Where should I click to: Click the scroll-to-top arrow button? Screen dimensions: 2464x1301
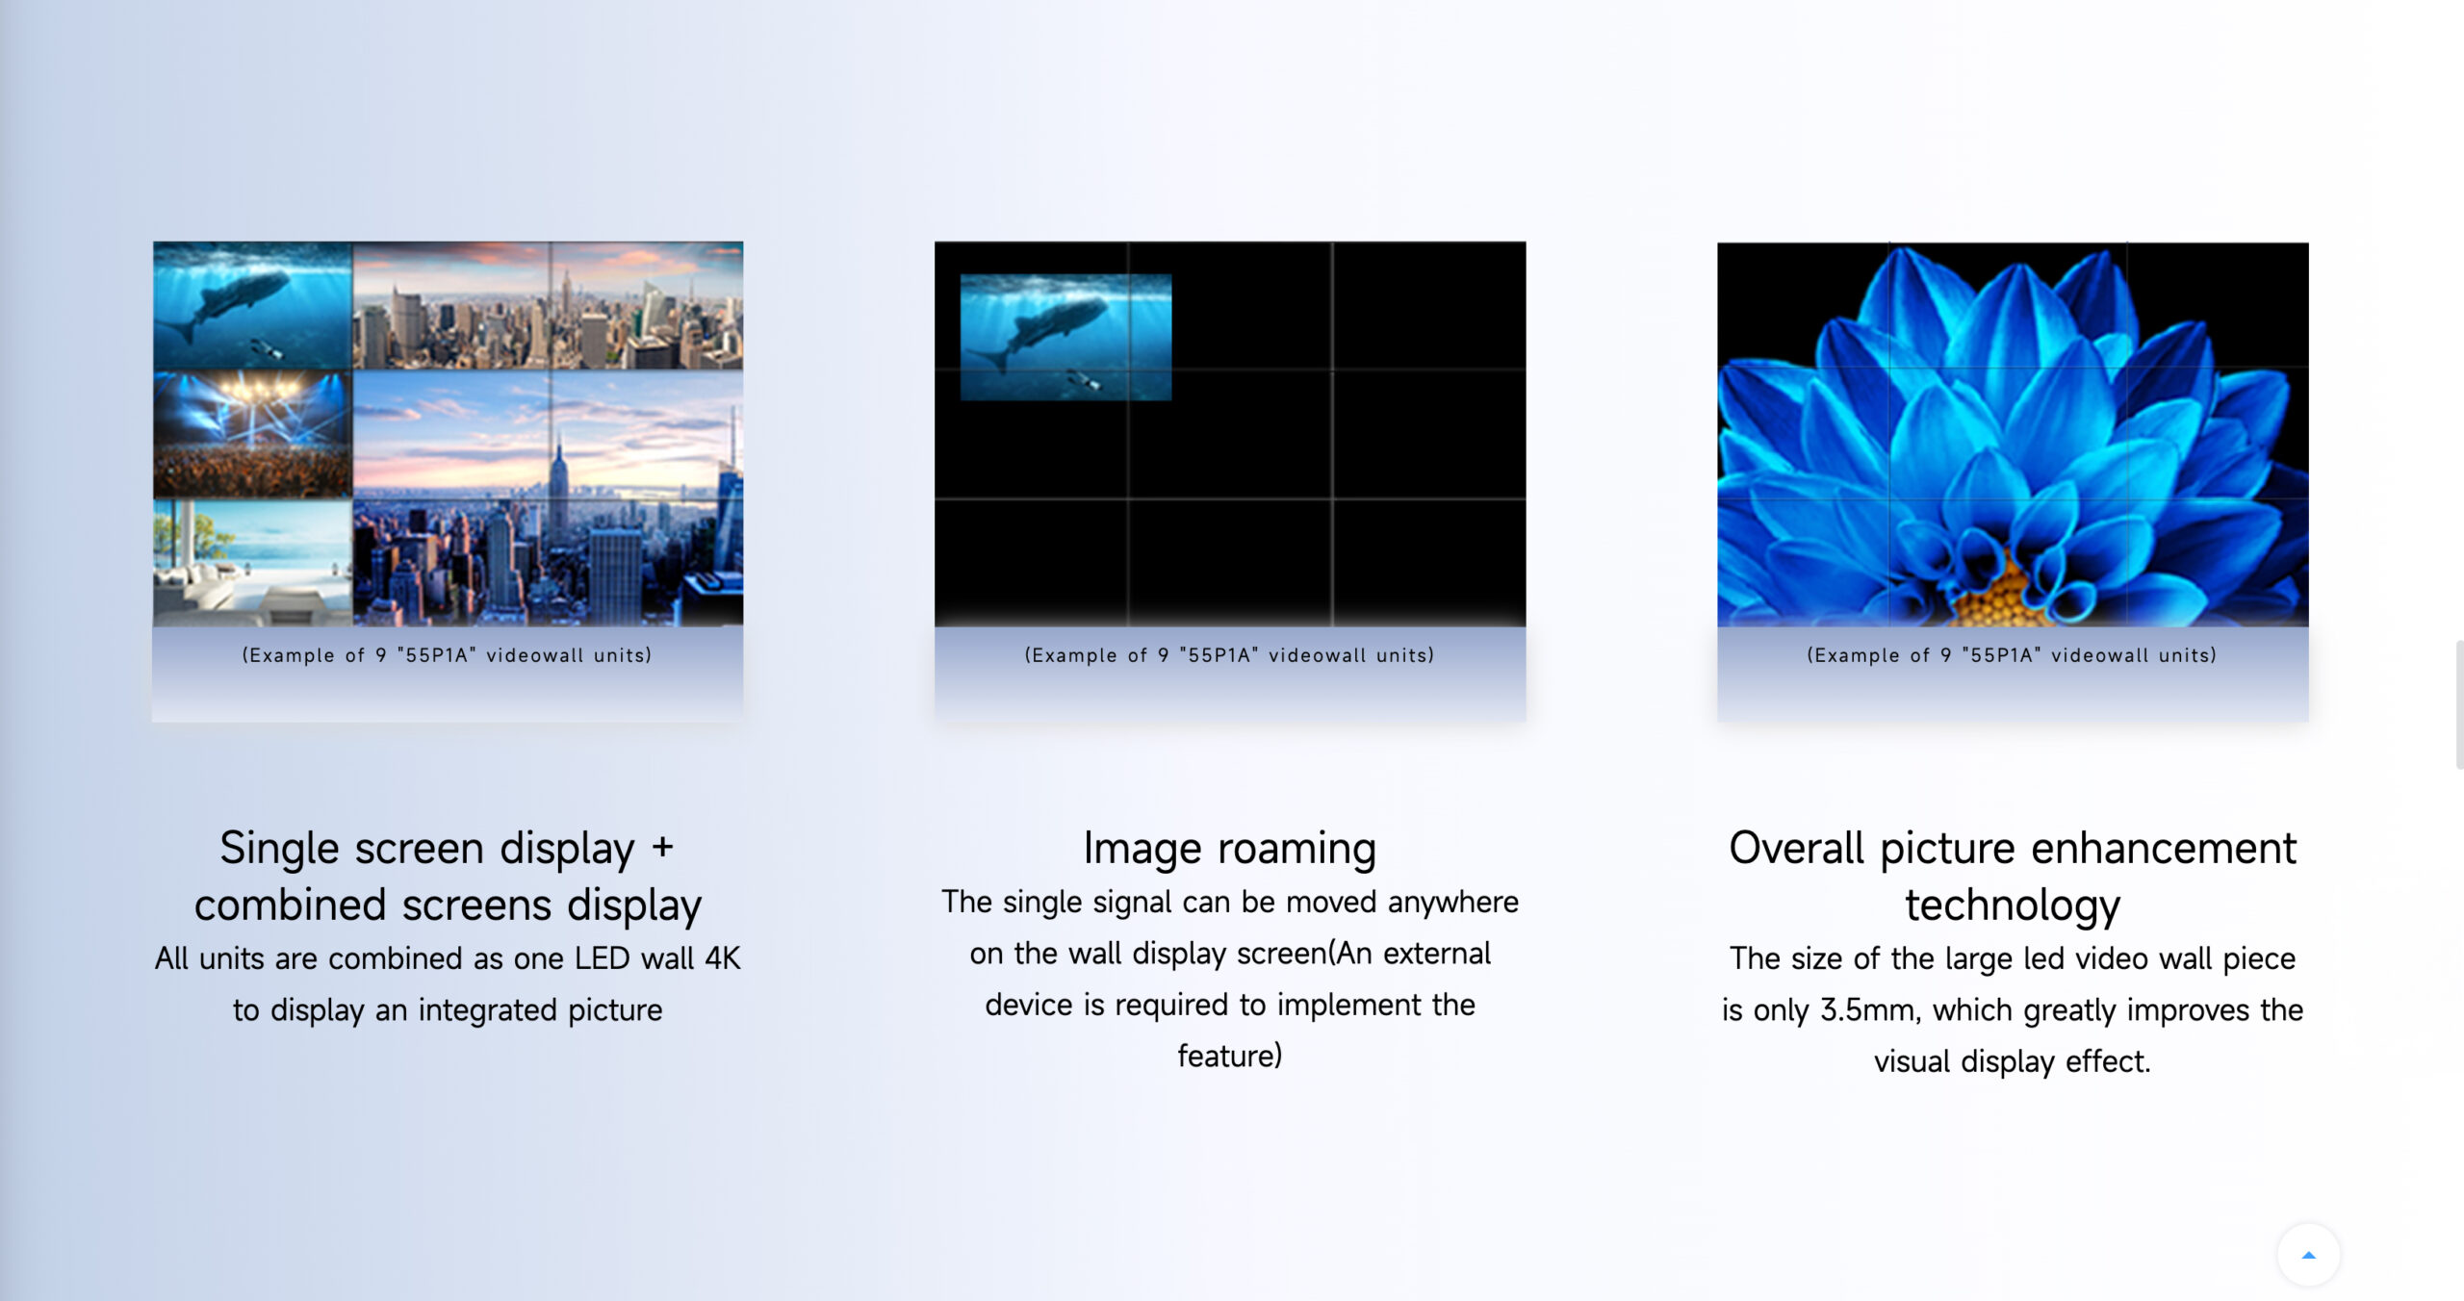tap(2308, 1254)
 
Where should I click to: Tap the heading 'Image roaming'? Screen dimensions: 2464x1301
tap(1230, 848)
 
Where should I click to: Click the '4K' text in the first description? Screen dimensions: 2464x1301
tap(722, 958)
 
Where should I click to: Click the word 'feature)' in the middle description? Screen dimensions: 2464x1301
tap(1230, 1056)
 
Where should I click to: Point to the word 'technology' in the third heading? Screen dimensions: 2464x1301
tap(2013, 906)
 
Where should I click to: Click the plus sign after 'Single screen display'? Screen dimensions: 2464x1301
tap(662, 847)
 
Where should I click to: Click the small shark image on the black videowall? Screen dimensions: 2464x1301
tap(1065, 337)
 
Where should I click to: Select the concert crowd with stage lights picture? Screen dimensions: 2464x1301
tap(252, 434)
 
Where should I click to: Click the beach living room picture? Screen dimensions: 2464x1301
tap(252, 563)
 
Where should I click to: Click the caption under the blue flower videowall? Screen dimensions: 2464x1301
tap(2012, 655)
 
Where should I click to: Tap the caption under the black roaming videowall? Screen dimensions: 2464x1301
tap(1229, 655)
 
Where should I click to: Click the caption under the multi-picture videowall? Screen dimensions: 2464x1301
tap(447, 655)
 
